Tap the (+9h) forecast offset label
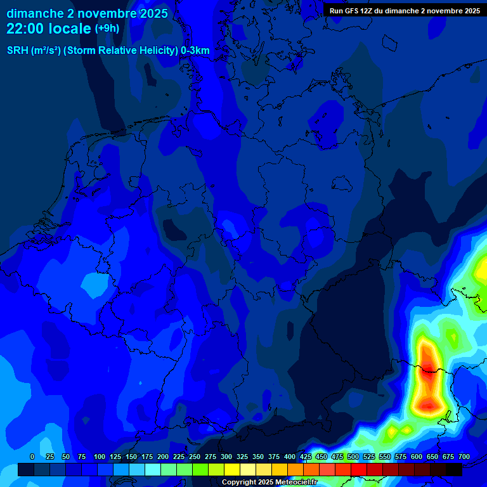click(x=107, y=29)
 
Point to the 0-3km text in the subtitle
click(x=195, y=51)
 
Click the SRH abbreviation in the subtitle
click(x=18, y=51)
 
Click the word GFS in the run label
click(x=350, y=11)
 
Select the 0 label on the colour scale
click(x=32, y=457)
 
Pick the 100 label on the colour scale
click(x=100, y=457)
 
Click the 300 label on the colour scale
click(x=226, y=457)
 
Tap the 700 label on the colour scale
click(x=464, y=457)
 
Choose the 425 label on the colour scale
click(x=306, y=457)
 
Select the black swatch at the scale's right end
click(x=454, y=469)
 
